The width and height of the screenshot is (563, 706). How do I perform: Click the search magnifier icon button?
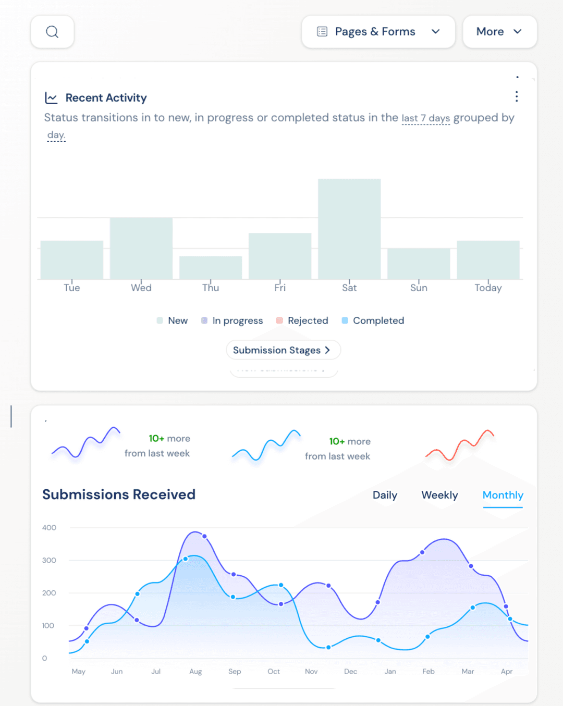pos(52,32)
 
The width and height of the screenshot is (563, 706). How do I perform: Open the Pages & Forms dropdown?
pos(378,32)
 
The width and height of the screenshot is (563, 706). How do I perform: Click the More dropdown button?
pos(499,32)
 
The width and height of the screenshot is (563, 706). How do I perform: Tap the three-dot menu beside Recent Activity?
pos(516,96)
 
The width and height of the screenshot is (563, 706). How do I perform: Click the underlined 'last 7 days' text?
pos(425,118)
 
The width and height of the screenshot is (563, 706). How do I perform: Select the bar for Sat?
pos(349,229)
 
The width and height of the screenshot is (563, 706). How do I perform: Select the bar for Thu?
pos(211,268)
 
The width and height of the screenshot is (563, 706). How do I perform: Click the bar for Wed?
pos(141,249)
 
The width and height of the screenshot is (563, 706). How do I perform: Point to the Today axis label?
pos(488,288)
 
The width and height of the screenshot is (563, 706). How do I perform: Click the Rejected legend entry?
pos(302,320)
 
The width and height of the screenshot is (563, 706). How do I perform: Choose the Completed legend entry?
pos(373,320)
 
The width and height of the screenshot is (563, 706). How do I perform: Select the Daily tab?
pos(385,495)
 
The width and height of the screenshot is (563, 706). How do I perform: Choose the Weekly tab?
pos(439,495)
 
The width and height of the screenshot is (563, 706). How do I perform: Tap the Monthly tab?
pos(503,495)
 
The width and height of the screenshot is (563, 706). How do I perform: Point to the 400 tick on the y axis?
pos(49,528)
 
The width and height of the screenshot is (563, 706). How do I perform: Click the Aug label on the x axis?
pos(195,672)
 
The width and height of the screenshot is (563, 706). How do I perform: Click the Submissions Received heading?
pos(119,494)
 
